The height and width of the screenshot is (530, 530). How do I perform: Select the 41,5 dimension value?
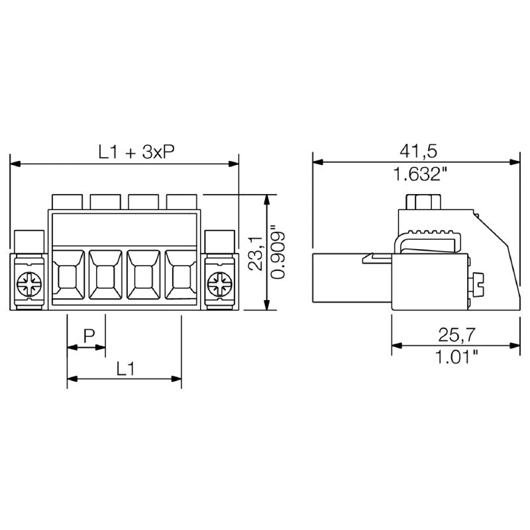[x=418, y=151]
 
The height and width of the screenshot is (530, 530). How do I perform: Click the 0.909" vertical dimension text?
[x=278, y=253]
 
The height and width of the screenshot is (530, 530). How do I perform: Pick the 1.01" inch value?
[x=457, y=358]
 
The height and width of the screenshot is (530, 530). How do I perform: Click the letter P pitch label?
[x=87, y=336]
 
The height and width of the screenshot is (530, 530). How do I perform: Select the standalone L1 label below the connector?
[x=125, y=368]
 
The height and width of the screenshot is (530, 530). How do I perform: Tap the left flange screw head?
[x=29, y=286]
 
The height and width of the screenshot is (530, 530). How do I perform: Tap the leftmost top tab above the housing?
[x=68, y=201]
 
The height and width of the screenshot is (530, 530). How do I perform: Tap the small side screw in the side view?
[x=478, y=286]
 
